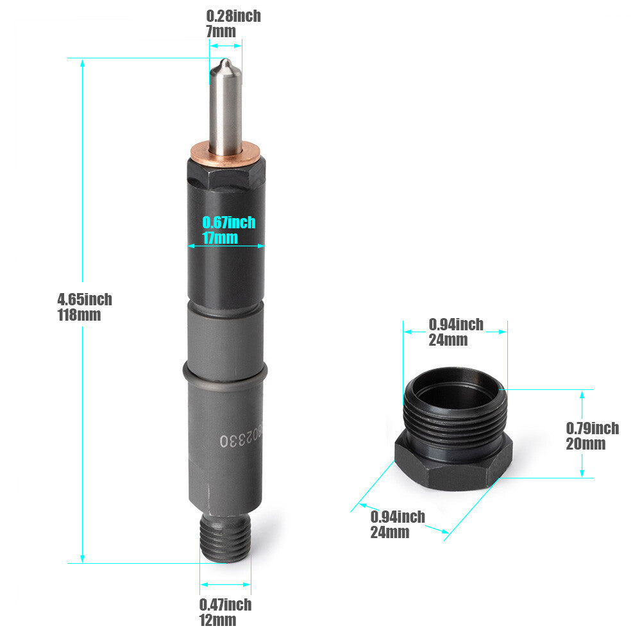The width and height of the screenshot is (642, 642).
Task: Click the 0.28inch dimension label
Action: [x=233, y=17]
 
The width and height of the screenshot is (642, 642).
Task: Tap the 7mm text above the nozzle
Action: [x=221, y=31]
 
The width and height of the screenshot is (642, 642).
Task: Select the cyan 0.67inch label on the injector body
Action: [x=229, y=223]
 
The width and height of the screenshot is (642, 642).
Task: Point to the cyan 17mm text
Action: [x=220, y=238]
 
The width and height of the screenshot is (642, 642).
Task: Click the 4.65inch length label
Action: [x=85, y=300]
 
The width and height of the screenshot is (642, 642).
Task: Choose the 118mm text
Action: [x=79, y=315]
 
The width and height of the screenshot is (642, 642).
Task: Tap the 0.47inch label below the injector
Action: [x=225, y=605]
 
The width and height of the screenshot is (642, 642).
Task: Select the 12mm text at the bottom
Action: [x=218, y=620]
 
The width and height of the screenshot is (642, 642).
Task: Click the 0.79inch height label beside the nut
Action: [x=593, y=428]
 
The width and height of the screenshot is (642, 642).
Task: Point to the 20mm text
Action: [x=586, y=444]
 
